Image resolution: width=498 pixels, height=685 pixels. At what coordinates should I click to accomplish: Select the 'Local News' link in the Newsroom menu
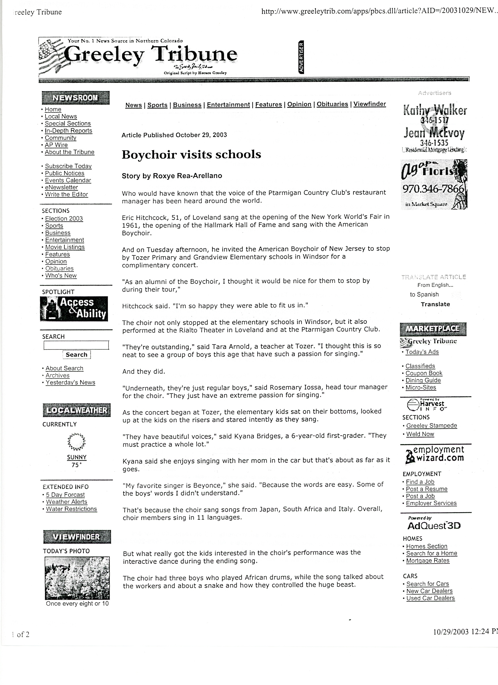61,116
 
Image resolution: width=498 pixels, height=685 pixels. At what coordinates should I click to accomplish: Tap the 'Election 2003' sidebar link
64,218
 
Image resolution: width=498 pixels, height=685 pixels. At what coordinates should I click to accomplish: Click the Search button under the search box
76,354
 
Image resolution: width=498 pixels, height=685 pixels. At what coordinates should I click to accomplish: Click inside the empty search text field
76,345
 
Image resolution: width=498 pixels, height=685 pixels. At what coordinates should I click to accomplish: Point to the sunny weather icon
76,442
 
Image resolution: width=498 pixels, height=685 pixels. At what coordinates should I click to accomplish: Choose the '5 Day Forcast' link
65,495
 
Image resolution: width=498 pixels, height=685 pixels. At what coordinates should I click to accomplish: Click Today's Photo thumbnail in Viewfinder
77,578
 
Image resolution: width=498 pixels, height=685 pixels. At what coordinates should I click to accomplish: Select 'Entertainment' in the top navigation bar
228,104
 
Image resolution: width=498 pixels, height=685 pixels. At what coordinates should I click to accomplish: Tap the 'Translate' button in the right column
435,304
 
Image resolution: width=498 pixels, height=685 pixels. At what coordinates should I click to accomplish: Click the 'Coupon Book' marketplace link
424,373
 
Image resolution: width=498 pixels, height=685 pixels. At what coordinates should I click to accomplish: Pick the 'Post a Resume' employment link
426,489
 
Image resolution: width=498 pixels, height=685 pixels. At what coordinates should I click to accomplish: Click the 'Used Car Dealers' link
430,598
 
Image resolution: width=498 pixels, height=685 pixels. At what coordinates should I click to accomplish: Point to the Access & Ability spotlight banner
74,308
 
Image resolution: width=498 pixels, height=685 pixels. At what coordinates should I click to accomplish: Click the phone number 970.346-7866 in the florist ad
433,189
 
